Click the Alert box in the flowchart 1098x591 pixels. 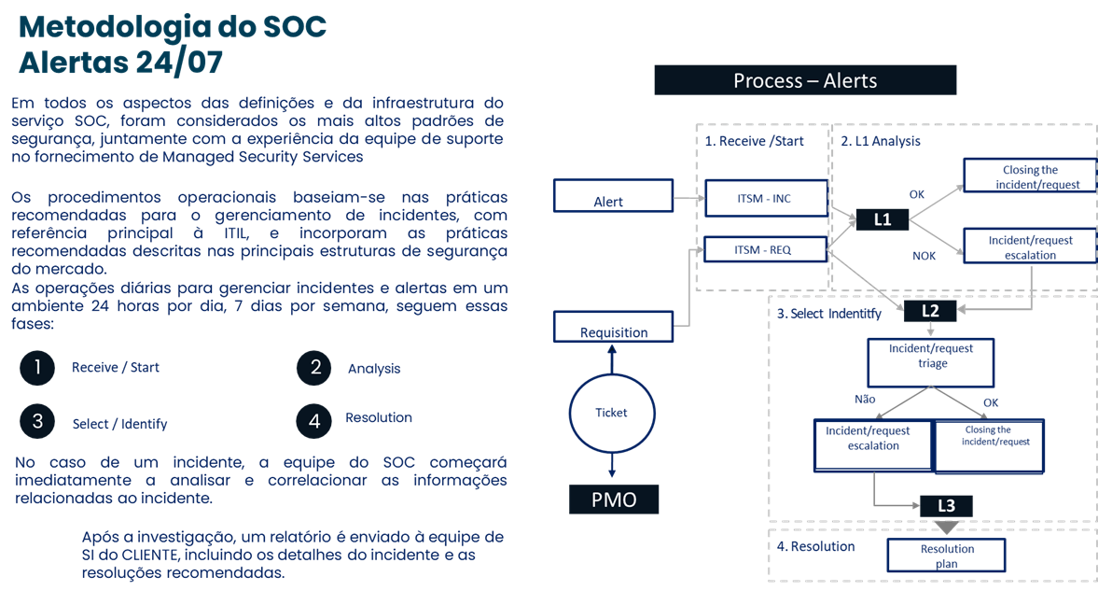pyautogui.click(x=613, y=196)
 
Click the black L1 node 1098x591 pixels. pyautogui.click(x=883, y=219)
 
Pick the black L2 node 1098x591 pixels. pyautogui.click(x=930, y=311)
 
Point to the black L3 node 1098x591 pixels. pyautogui.click(x=946, y=505)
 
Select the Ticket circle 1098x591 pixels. pyautogui.click(x=612, y=413)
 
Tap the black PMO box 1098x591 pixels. pyautogui.click(x=614, y=500)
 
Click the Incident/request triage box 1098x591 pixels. pyautogui.click(x=931, y=362)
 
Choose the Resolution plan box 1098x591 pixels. pyautogui.click(x=946, y=556)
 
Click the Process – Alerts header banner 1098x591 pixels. pyautogui.click(x=805, y=80)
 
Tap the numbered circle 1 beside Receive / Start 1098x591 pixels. pyautogui.click(x=37, y=368)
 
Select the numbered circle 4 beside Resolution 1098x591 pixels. pyautogui.click(x=314, y=421)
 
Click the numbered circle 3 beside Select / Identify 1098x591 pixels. pyautogui.click(x=37, y=421)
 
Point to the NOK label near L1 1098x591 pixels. pyautogui.click(x=924, y=255)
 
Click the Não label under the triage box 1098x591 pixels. pyautogui.click(x=865, y=399)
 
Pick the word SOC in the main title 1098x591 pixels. pyautogui.click(x=285, y=26)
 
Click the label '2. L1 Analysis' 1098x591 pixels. pyautogui.click(x=880, y=141)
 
